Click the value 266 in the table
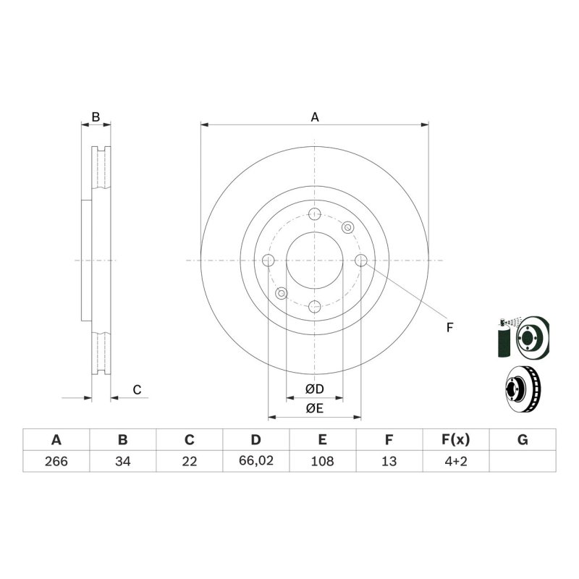(56, 461)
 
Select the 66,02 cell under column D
(256, 461)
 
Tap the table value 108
(322, 461)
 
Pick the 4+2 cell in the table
(456, 461)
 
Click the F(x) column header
(456, 440)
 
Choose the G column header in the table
(523, 440)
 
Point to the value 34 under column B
(122, 461)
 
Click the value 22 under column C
(190, 461)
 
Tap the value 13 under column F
(389, 461)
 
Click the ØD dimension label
(315, 389)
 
